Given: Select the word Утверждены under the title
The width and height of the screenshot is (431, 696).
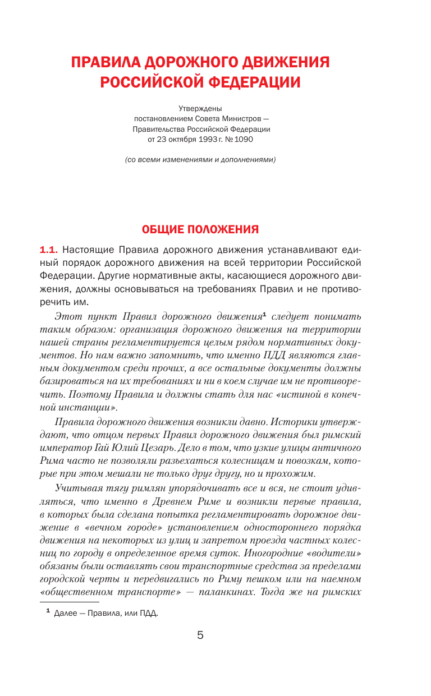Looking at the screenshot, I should click(200, 108).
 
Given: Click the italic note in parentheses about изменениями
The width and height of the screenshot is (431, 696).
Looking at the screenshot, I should click(200, 160).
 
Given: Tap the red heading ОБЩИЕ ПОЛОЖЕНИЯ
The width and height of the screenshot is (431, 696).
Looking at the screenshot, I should click(200, 229).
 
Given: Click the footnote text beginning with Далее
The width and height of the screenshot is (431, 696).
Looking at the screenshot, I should click(106, 614).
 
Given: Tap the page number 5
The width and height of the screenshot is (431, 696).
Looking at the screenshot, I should click(200, 635).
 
